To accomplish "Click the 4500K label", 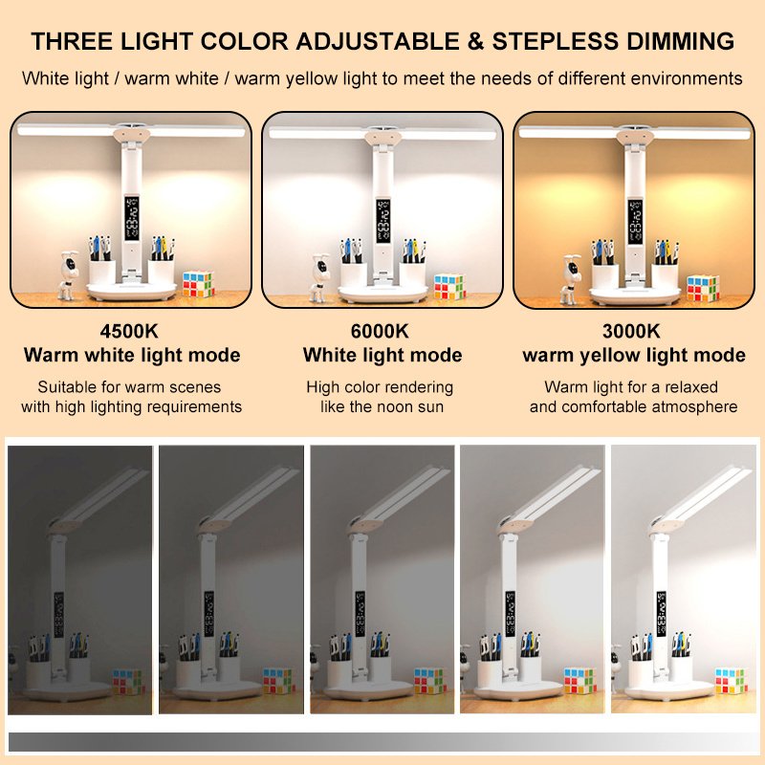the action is pos(129,331).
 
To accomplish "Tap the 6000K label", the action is pos(380,331).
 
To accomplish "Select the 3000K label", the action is pos(631,331).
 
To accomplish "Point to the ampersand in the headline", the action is pos(475,41).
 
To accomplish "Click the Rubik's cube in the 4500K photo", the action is pos(198,284).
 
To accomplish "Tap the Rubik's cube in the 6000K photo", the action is pos(449,287).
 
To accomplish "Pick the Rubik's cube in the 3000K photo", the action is pos(703,288).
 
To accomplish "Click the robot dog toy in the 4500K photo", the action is pos(68,274).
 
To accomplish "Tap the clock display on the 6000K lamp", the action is pos(383,222).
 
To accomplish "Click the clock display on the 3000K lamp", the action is pos(635,222).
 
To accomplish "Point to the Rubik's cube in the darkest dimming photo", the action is pos(128,681).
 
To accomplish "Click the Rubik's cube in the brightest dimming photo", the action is pos(731,680).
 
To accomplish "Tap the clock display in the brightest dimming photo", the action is pos(662,613).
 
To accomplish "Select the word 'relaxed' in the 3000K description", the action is pos(691,387).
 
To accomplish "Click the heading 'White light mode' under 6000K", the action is pos(382,355).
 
